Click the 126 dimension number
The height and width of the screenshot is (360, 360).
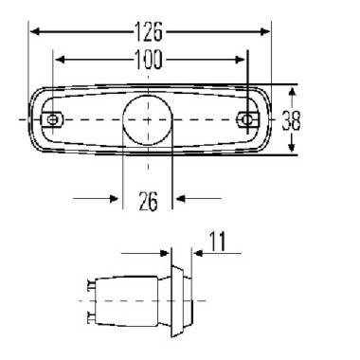click(x=149, y=31)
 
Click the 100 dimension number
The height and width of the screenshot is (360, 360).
click(x=149, y=60)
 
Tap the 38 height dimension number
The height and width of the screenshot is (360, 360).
click(x=291, y=120)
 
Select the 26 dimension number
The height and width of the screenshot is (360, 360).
click(x=148, y=202)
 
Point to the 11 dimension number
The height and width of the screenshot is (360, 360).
click(x=218, y=242)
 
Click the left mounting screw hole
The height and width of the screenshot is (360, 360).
click(x=52, y=119)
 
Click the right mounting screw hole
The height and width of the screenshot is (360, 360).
click(x=246, y=119)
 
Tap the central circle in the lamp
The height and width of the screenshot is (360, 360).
click(x=148, y=120)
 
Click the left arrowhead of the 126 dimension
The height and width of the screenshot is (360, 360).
click(x=35, y=31)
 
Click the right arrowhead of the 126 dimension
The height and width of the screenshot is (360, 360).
click(x=265, y=31)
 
